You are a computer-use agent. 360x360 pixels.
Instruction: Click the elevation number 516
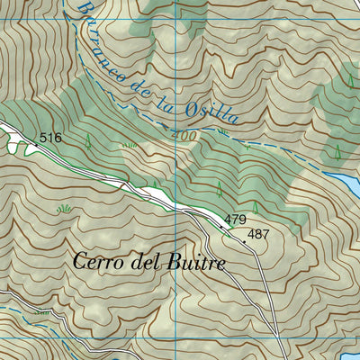coord(50,138)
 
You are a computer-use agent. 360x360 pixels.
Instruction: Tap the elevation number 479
coord(235,220)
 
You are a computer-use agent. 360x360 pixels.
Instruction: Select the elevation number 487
coord(258,234)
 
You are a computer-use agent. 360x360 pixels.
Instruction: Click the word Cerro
coord(97,264)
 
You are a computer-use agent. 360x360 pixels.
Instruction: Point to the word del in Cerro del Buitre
coord(148,264)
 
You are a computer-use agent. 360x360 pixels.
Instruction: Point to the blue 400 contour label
coord(184,133)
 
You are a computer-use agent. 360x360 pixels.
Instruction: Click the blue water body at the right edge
coord(347,184)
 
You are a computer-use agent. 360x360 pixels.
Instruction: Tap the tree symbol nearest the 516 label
coord(88,140)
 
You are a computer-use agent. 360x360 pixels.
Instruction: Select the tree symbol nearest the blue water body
coord(336,151)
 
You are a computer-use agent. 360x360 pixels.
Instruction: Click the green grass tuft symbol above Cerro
coord(64,209)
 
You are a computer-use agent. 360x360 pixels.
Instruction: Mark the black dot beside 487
coord(244,240)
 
